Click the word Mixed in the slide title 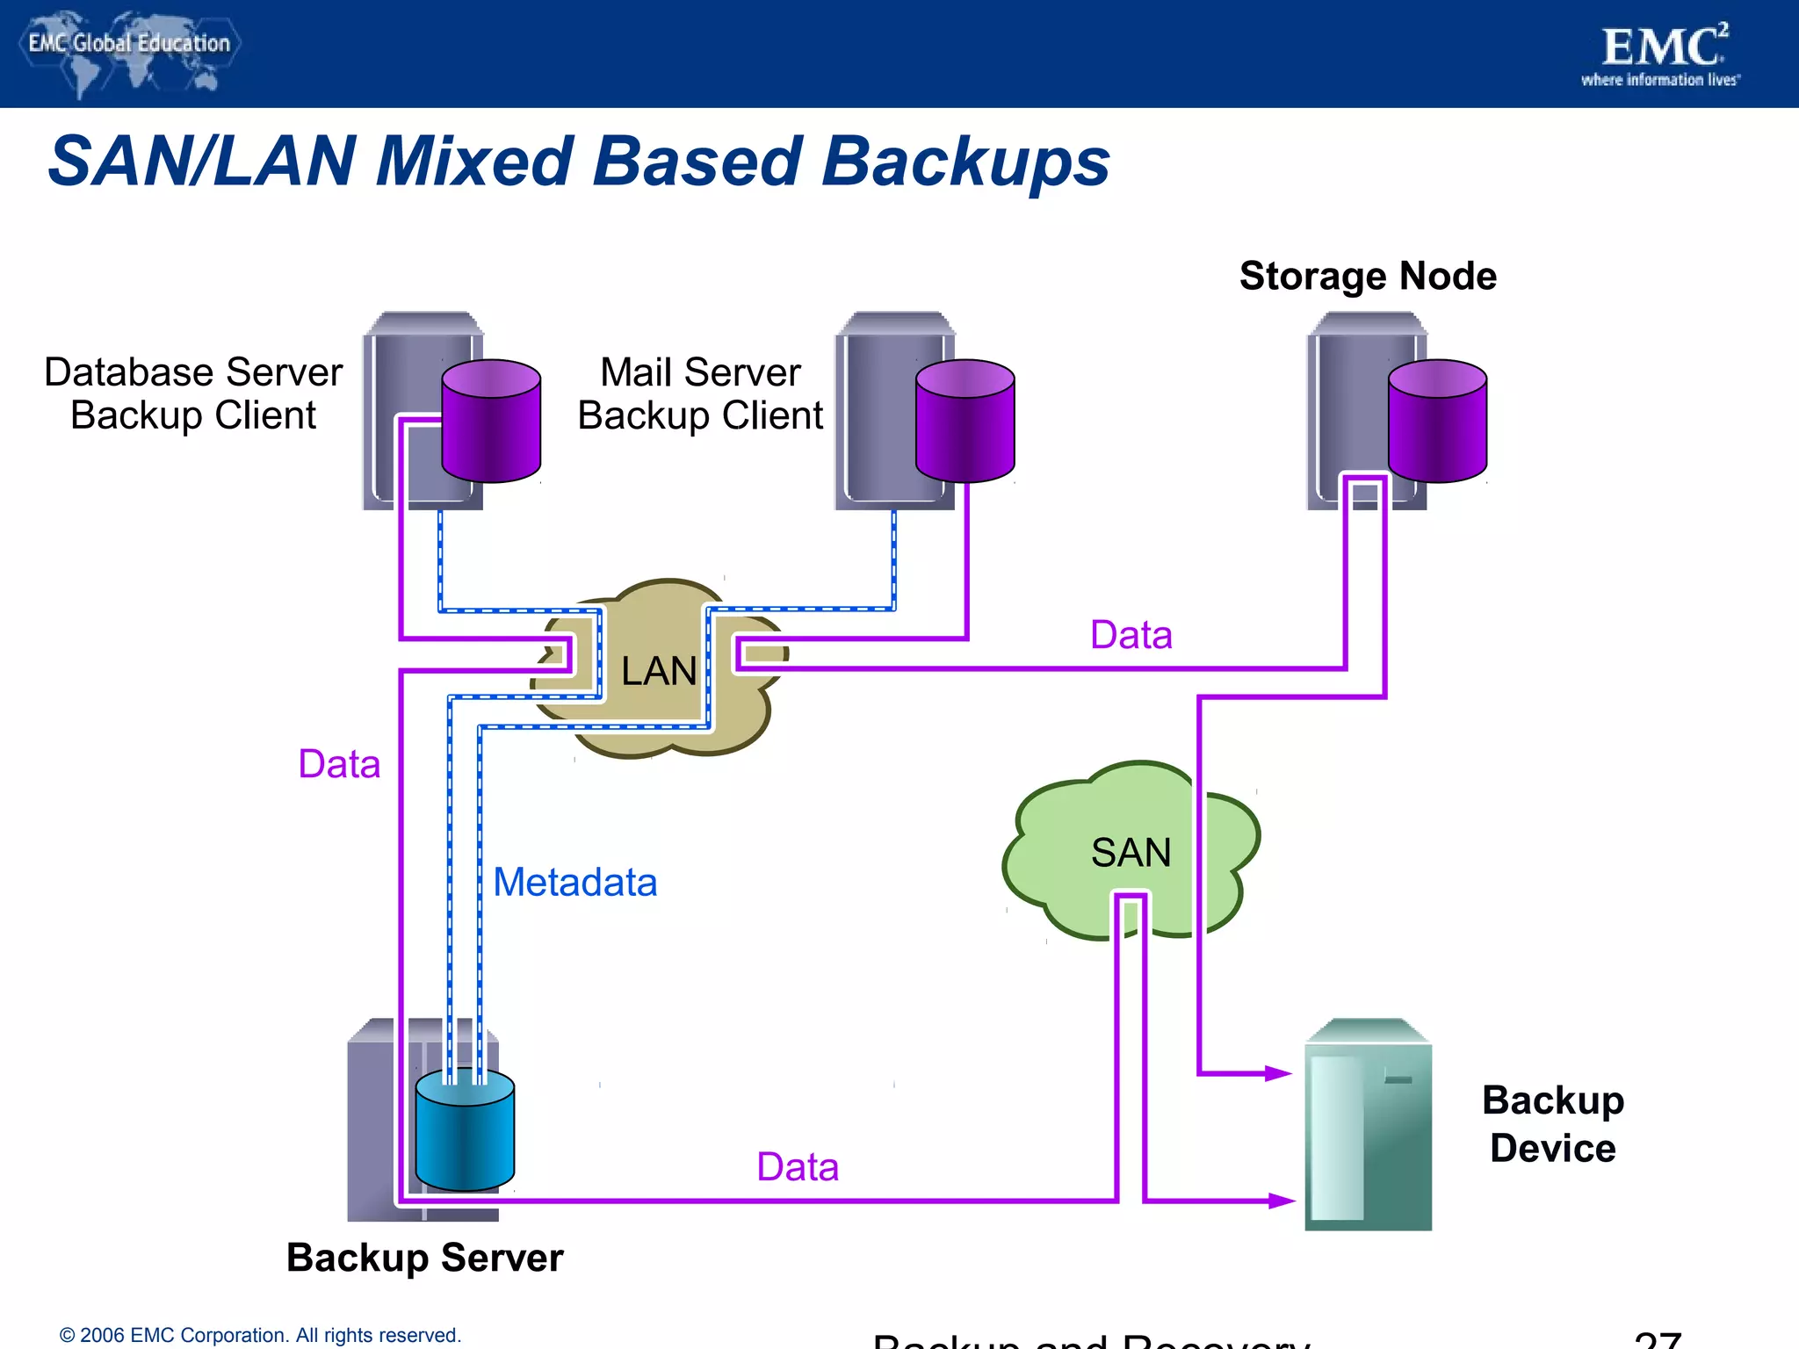pos(473,162)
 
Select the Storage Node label pos(1368,276)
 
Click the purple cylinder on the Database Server pos(491,422)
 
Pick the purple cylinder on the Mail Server pos(965,422)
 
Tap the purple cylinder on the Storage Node pos(1437,422)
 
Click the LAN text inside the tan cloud pos(658,671)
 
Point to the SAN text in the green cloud pos(1131,852)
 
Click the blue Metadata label pos(574,882)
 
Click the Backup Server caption pos(424,1258)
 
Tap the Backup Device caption pos(1552,1124)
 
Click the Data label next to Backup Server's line pos(798,1166)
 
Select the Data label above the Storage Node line pos(1131,634)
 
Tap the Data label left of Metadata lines pos(339,763)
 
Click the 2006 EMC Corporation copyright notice pos(260,1335)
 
